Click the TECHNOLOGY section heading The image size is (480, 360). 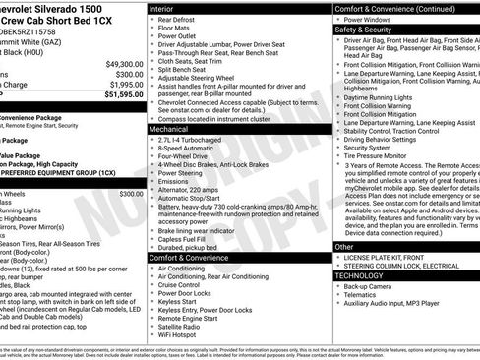click(x=360, y=276)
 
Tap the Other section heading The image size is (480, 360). click(x=344, y=247)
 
